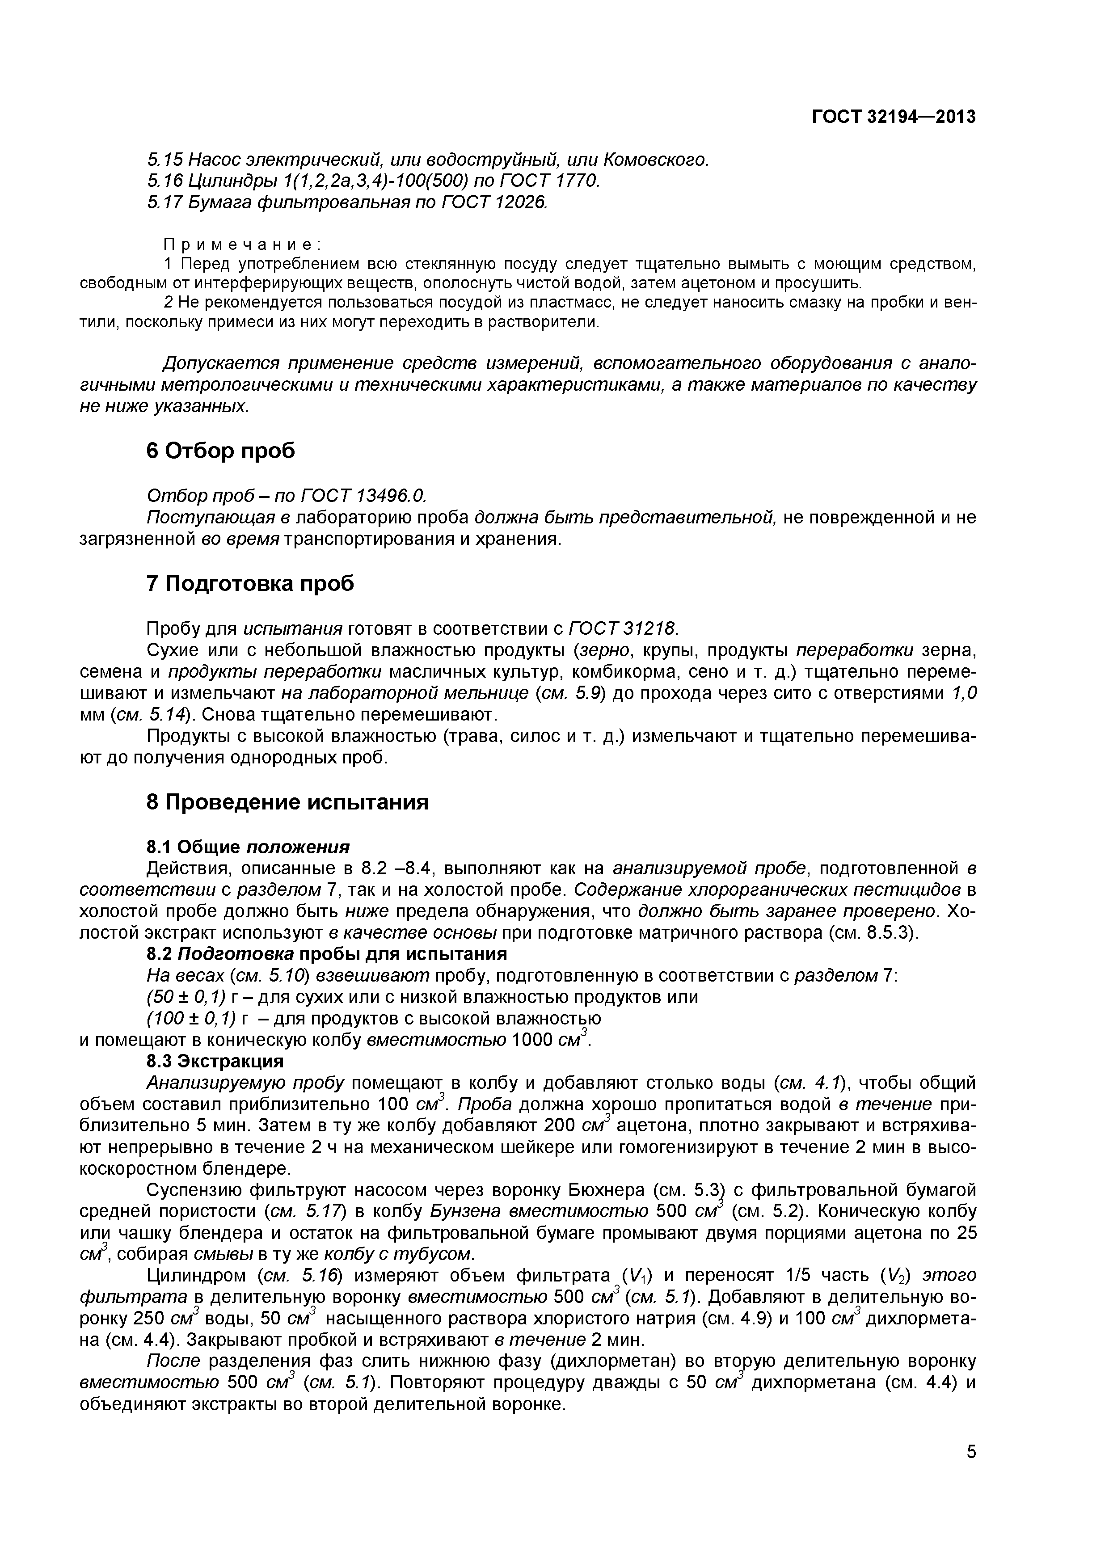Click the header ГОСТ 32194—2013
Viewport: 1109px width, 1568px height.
(893, 118)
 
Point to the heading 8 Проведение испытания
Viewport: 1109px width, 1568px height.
(287, 802)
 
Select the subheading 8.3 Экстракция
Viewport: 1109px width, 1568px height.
(215, 1061)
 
